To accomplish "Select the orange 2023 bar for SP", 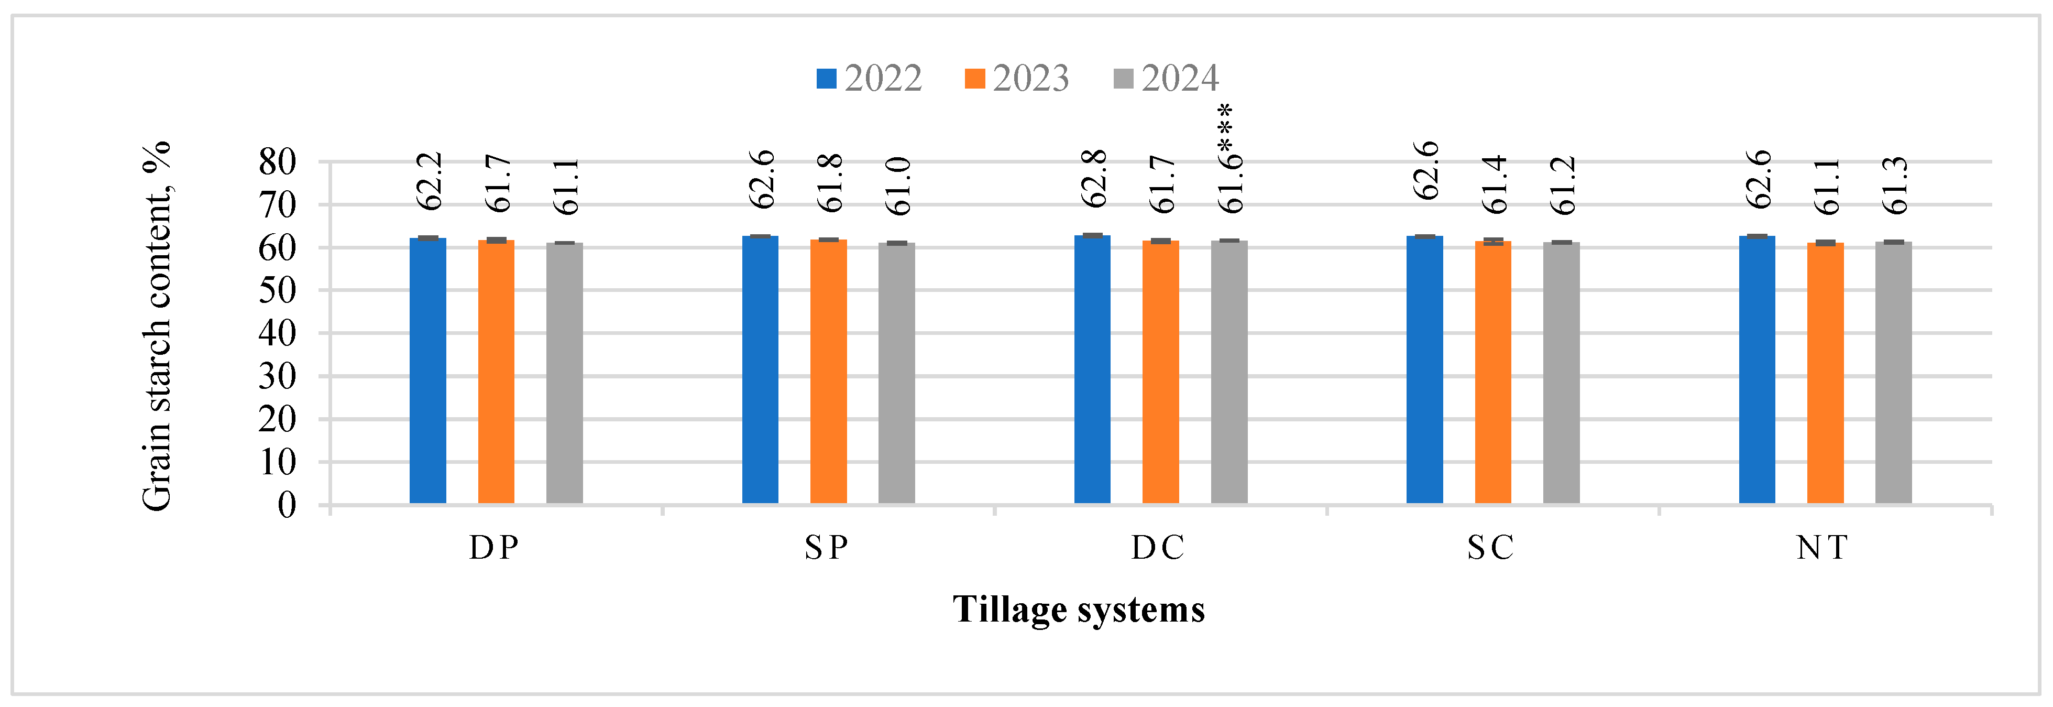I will point(828,372).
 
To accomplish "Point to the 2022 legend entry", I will point(869,78).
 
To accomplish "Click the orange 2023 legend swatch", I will point(974,78).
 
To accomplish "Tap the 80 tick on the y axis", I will point(277,162).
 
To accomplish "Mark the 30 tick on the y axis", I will point(277,376).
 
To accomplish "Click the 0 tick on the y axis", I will point(287,505).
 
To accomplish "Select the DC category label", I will point(1158,548).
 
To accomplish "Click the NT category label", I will point(1822,548).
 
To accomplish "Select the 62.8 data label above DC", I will point(1093,179).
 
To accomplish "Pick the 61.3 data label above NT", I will point(1895,186).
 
